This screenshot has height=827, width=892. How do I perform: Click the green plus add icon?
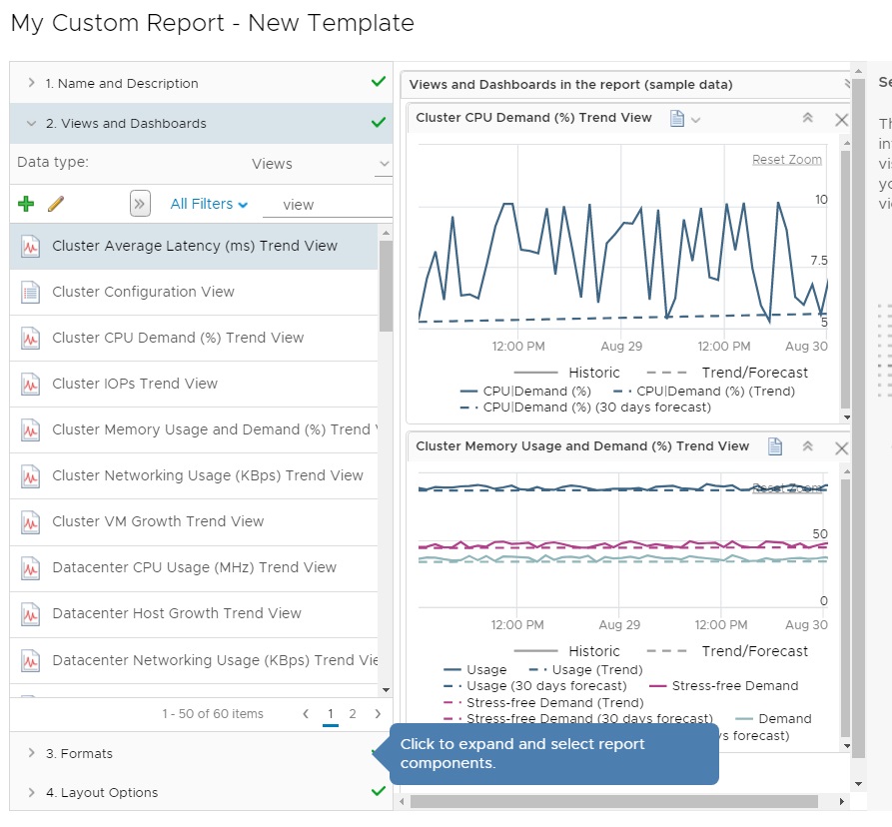pyautogui.click(x=26, y=204)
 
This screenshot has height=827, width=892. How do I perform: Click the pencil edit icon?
pyautogui.click(x=56, y=204)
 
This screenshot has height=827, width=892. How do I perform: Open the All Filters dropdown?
pyautogui.click(x=209, y=204)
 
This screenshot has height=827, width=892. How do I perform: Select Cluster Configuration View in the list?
pyautogui.click(x=143, y=292)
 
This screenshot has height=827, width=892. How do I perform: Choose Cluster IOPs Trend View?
pyautogui.click(x=135, y=384)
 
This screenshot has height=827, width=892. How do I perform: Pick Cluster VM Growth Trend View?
pyautogui.click(x=158, y=521)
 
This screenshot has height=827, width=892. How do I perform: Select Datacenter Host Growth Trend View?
pyautogui.click(x=176, y=613)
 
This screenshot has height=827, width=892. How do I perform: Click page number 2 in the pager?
pyautogui.click(x=353, y=713)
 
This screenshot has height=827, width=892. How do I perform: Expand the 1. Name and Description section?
pyautogui.click(x=122, y=84)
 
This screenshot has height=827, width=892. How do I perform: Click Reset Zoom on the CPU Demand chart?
pyautogui.click(x=787, y=160)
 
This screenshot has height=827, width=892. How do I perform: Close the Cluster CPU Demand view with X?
pyautogui.click(x=841, y=119)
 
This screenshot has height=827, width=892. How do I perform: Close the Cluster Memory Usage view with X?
pyautogui.click(x=841, y=447)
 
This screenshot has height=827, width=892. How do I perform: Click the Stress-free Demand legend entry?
pyautogui.click(x=734, y=686)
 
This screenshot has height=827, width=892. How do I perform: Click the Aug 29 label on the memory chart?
pyautogui.click(x=619, y=625)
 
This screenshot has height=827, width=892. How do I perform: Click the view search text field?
pyautogui.click(x=328, y=205)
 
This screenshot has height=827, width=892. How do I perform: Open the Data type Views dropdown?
pyautogui.click(x=320, y=164)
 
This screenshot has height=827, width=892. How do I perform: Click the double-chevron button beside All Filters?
pyautogui.click(x=140, y=204)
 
